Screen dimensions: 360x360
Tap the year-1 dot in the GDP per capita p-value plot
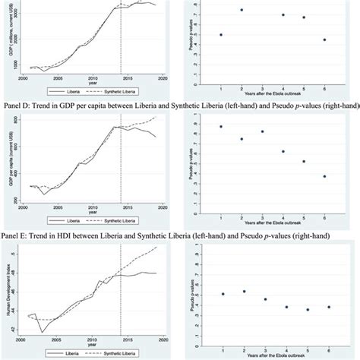click(x=221, y=126)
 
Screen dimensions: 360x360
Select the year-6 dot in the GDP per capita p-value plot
click(x=324, y=176)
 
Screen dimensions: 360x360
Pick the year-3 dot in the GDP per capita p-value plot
click(x=262, y=131)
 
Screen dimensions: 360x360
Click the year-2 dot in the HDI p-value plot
click(x=242, y=292)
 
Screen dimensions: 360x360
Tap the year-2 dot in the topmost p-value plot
click(x=242, y=10)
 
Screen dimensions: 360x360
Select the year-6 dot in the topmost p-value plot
click(x=324, y=39)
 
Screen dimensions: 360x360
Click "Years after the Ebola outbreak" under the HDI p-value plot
click(x=273, y=353)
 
